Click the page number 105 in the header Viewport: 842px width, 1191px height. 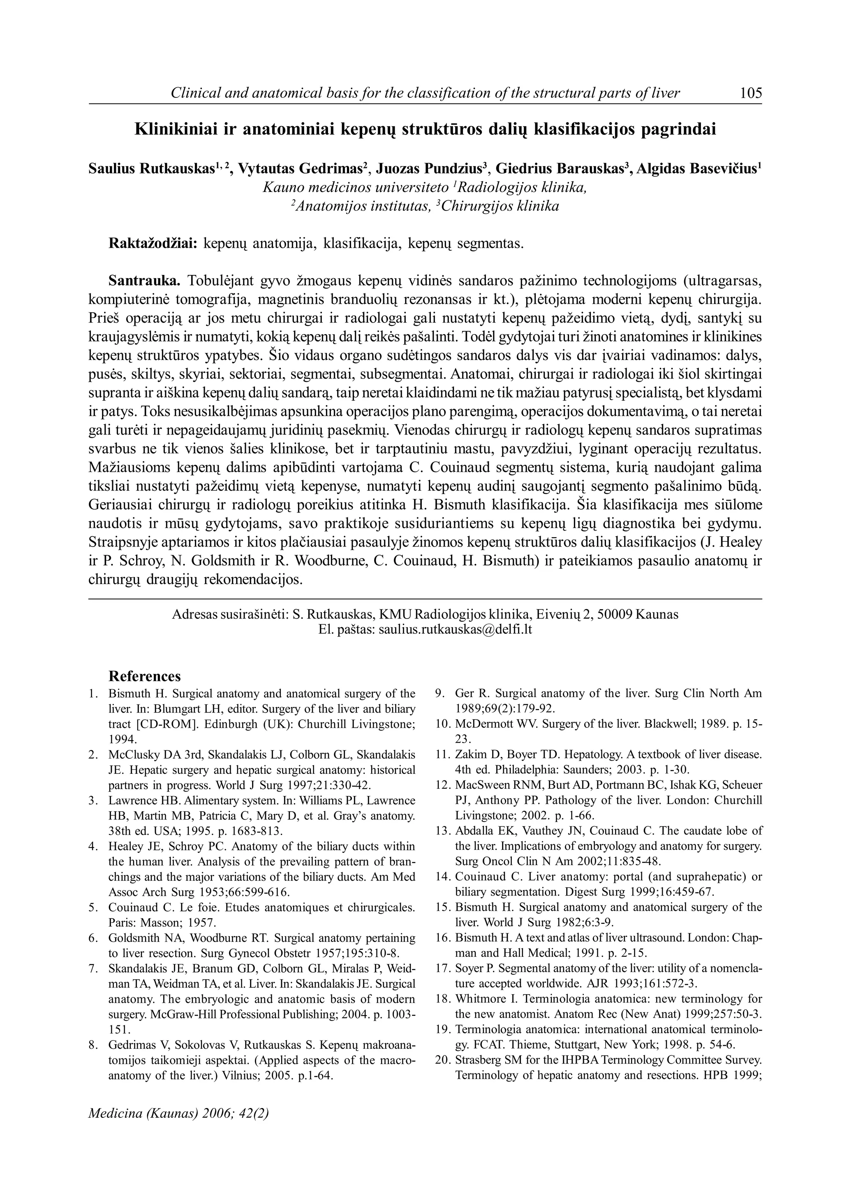coord(750,93)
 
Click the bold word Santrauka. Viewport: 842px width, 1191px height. coord(144,281)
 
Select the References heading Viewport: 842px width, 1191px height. coord(144,676)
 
